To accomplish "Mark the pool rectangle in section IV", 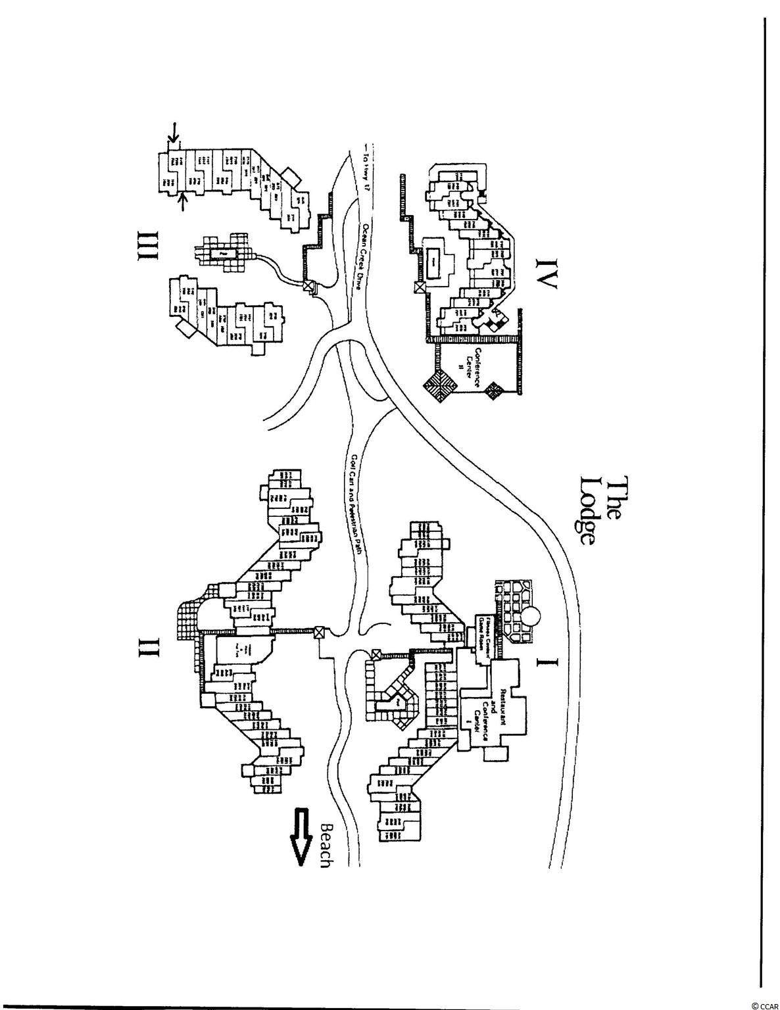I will coord(433,262).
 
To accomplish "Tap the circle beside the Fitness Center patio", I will coord(531,617).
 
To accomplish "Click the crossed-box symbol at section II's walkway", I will coord(319,633).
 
